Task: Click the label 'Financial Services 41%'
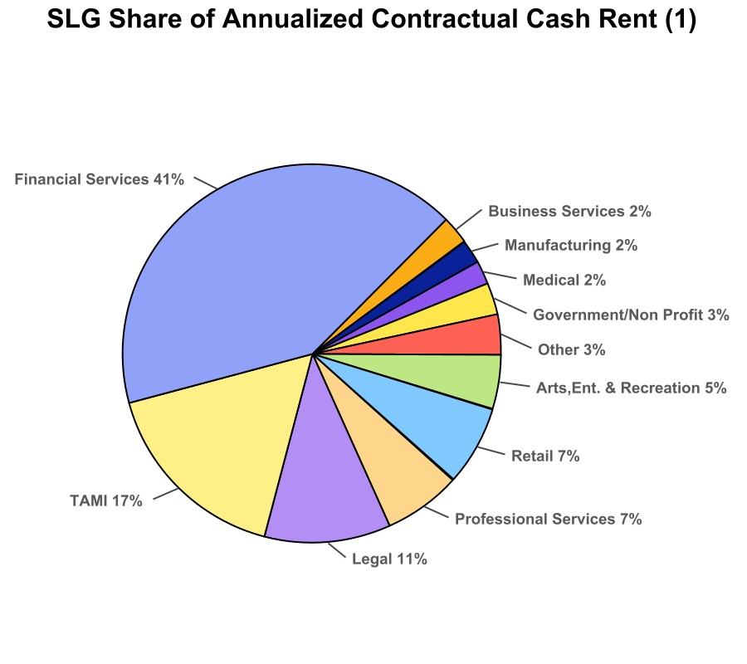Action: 100,178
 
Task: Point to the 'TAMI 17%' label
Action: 106,500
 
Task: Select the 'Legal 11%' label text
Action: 389,559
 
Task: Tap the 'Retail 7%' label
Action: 545,456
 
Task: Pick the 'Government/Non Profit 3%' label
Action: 631,315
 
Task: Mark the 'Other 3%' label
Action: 571,349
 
